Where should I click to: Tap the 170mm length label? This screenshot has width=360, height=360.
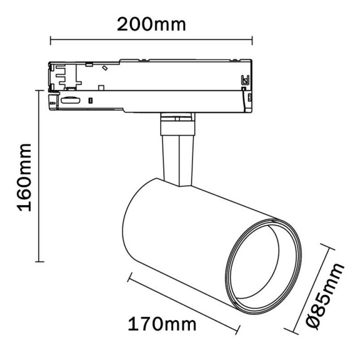pos(162,324)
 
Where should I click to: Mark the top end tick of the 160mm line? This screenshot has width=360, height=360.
pos(41,95)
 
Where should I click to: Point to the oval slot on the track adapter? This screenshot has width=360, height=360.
pos(70,99)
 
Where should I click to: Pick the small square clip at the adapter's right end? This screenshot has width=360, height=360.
pos(245,80)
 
